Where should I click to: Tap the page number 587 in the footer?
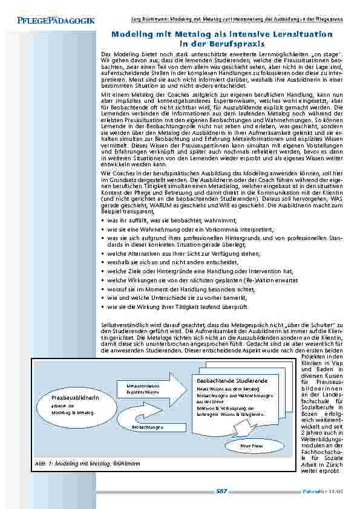[221, 491]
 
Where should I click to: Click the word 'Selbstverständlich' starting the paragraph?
[121, 326]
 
